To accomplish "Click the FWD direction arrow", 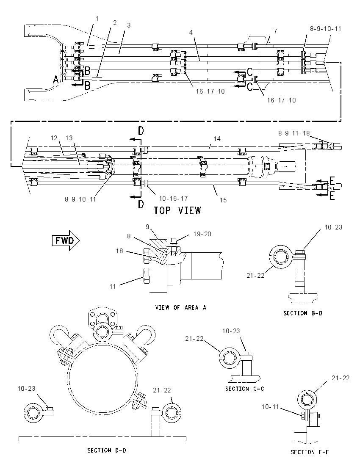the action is [x=66, y=240].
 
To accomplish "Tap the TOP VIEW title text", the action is [x=177, y=210].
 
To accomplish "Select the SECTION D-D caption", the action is [x=107, y=450].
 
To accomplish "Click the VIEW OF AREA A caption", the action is [x=180, y=307].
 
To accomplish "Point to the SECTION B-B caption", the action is [x=303, y=313].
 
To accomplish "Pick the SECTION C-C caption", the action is [x=244, y=389].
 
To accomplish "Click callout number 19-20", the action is [x=202, y=234].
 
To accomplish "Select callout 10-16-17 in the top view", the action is [x=173, y=198].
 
